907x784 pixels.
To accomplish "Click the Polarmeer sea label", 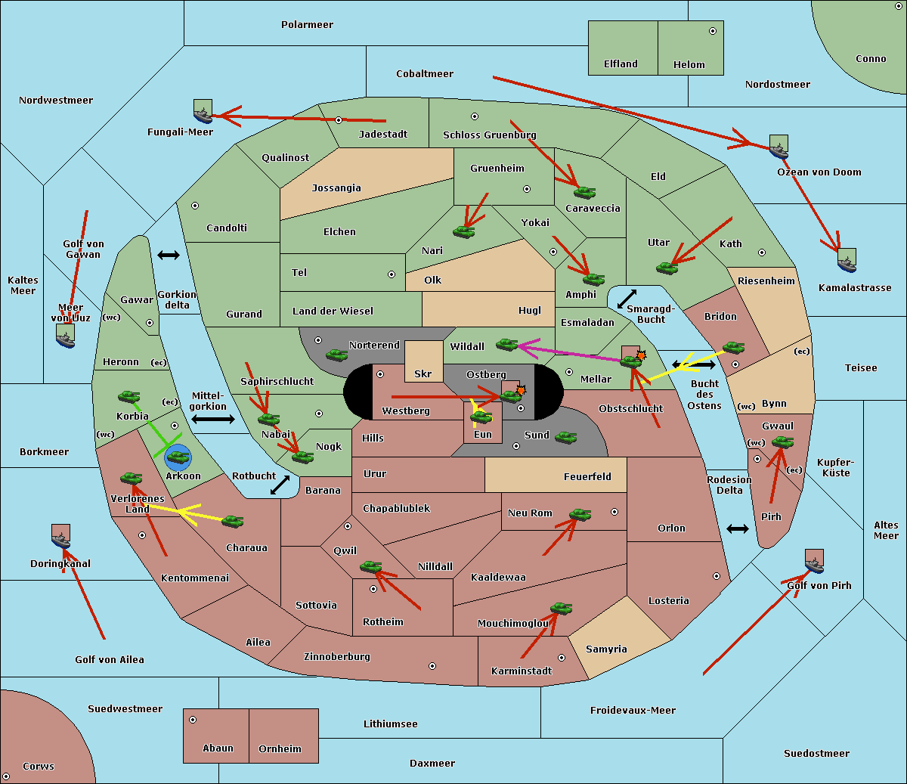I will [307, 25].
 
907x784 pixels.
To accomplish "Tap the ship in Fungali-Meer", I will [203, 113].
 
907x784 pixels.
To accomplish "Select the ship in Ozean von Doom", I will [779, 147].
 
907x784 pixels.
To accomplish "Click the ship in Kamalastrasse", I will [847, 261].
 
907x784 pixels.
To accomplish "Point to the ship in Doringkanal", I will [60, 537].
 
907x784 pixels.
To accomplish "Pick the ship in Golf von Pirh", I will [814, 562].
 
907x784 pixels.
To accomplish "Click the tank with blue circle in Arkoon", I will [178, 457].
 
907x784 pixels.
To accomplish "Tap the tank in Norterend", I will [336, 355].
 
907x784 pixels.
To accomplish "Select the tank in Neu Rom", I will [580, 516].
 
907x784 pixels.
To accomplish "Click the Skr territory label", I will [423, 373].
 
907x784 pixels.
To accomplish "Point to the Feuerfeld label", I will [587, 477].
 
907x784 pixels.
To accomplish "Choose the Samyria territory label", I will [606, 649].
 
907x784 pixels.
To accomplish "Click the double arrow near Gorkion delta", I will [169, 256].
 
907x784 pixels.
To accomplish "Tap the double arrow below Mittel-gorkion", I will [213, 419].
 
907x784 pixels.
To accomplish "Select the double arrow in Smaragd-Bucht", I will [627, 299].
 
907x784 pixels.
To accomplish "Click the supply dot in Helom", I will [712, 31].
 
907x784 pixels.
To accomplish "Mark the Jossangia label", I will [336, 188].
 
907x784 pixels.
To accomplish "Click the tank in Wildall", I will [506, 345].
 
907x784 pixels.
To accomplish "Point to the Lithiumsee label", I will [390, 724].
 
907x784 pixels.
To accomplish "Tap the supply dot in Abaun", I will [193, 720].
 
